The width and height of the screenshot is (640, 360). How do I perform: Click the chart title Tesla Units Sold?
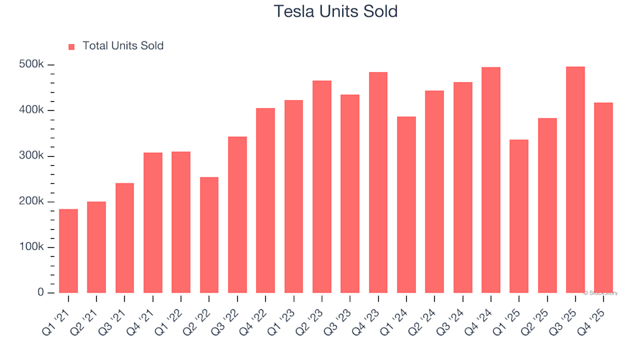point(335,11)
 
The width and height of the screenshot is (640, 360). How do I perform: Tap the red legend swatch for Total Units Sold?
point(71,47)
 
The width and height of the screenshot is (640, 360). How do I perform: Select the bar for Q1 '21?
point(68,251)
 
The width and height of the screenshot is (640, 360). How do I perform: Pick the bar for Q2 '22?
point(209,235)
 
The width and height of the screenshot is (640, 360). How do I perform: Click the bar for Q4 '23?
point(378,182)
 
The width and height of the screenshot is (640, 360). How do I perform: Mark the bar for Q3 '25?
point(575,179)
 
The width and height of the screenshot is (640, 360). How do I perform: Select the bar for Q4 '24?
point(491,180)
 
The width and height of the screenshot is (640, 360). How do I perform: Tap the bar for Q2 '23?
point(321,187)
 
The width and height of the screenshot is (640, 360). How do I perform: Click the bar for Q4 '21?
point(153,223)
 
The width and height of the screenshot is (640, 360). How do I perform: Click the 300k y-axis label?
point(31,156)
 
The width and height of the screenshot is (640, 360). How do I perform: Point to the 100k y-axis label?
point(31,247)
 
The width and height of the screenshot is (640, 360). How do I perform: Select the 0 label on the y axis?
point(41,293)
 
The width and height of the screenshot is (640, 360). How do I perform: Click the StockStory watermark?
point(601,293)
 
